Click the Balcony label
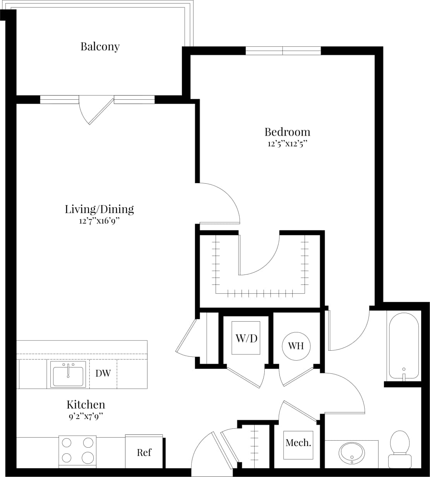pos(100,46)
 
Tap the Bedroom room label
pos(287,132)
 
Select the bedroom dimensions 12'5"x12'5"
pos(287,144)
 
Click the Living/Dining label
pos(99,209)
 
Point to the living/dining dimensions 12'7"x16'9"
pos(99,221)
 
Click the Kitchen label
pos(86,405)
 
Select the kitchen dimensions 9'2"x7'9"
pos(86,417)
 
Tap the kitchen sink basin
pos(68,376)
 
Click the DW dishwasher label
pos(103,373)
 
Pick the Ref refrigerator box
pos(144,451)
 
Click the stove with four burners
pos(77,450)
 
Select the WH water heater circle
pos(296,346)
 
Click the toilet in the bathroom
pos(400,448)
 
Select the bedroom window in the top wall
pos(283,51)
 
